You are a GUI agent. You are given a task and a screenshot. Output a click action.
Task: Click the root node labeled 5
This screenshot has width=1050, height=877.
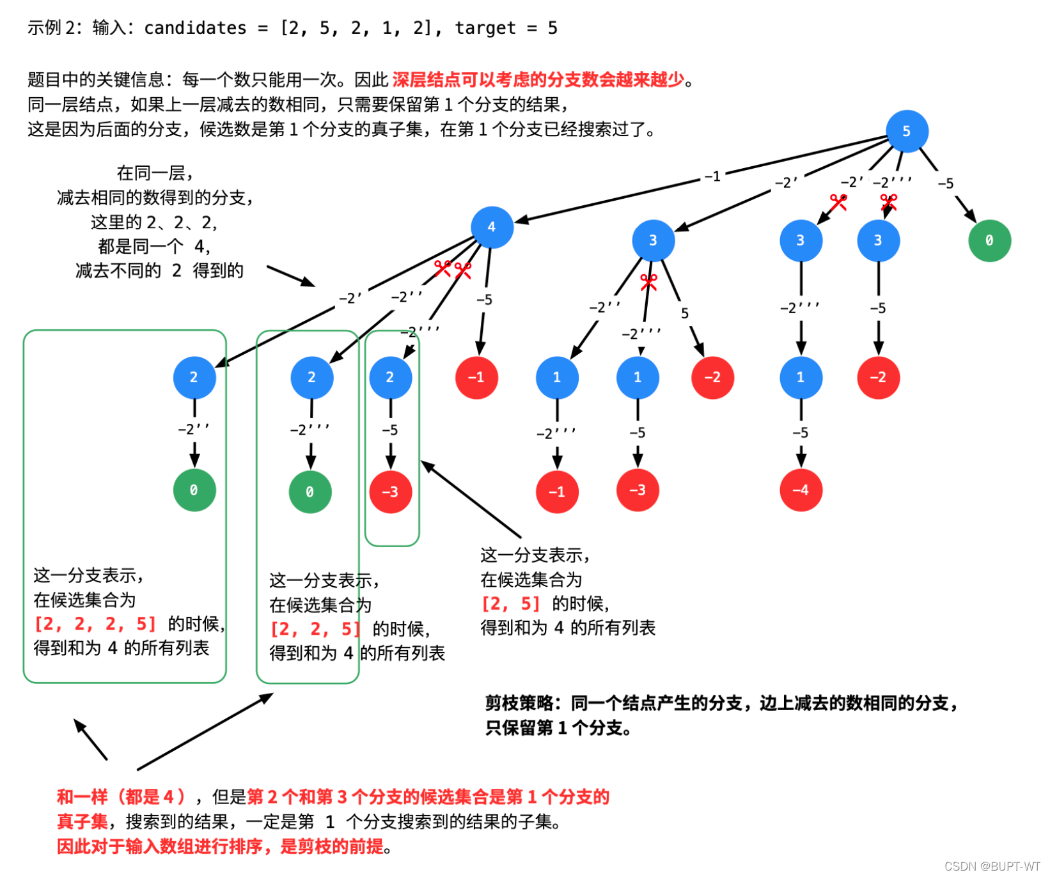[906, 131]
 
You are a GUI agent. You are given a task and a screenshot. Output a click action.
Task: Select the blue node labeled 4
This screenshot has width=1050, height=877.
[491, 227]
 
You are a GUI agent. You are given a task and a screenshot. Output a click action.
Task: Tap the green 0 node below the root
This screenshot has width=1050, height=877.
[989, 240]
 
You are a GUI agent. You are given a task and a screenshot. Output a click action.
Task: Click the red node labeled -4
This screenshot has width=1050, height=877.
[801, 490]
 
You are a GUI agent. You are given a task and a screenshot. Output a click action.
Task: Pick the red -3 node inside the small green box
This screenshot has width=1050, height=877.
[390, 492]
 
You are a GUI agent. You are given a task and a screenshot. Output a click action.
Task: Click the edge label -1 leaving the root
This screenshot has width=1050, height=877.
[712, 176]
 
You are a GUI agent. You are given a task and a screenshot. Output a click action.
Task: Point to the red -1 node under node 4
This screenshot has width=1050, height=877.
[476, 377]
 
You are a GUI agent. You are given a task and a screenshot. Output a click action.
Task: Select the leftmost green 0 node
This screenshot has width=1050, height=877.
[194, 490]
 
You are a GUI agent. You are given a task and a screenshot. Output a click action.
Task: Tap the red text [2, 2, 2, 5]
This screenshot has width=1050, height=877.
[95, 624]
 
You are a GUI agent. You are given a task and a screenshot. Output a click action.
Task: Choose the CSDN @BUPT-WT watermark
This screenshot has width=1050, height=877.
[992, 866]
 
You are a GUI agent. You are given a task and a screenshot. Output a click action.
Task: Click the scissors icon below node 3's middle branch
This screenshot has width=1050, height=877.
[648, 282]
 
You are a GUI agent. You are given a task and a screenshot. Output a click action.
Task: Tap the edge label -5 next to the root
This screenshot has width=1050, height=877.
[945, 184]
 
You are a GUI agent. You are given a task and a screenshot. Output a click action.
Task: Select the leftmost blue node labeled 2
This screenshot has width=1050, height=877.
[194, 377]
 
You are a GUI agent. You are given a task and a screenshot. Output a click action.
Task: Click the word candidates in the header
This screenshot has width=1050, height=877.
[195, 28]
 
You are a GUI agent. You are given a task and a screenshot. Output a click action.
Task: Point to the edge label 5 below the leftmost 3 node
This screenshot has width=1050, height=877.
[684, 313]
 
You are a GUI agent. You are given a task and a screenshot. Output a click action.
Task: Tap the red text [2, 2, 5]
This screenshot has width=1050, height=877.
[315, 629]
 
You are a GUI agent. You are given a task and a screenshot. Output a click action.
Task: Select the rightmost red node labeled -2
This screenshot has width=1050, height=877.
[878, 377]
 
